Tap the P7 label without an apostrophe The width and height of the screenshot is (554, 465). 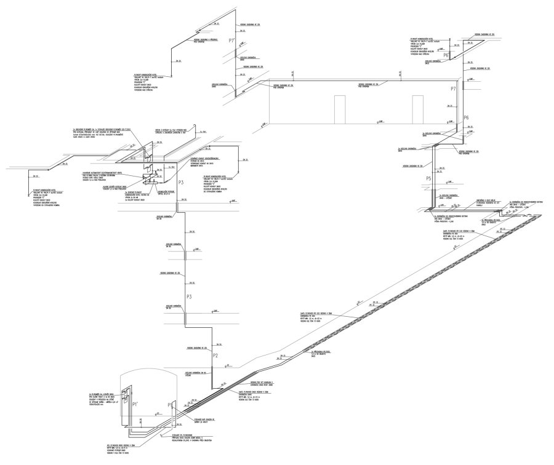point(453,89)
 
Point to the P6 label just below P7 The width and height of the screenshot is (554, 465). point(466,117)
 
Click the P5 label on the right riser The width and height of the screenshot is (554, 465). point(430,178)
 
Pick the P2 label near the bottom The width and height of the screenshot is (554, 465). point(215,356)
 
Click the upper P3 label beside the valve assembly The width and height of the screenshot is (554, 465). point(181,183)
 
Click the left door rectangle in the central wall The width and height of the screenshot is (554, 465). point(339,108)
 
